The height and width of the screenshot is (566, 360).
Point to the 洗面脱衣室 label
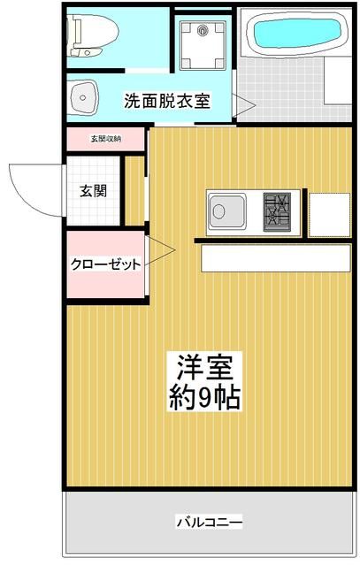click(x=166, y=100)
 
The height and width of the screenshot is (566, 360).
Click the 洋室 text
click(x=204, y=365)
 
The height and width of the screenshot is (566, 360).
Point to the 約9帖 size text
click(x=204, y=396)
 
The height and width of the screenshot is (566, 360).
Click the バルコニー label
click(x=209, y=520)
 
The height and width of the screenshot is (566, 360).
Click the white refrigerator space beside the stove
click(x=329, y=213)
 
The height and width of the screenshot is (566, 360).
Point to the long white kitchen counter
click(x=275, y=258)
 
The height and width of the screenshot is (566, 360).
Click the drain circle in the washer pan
click(x=203, y=32)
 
